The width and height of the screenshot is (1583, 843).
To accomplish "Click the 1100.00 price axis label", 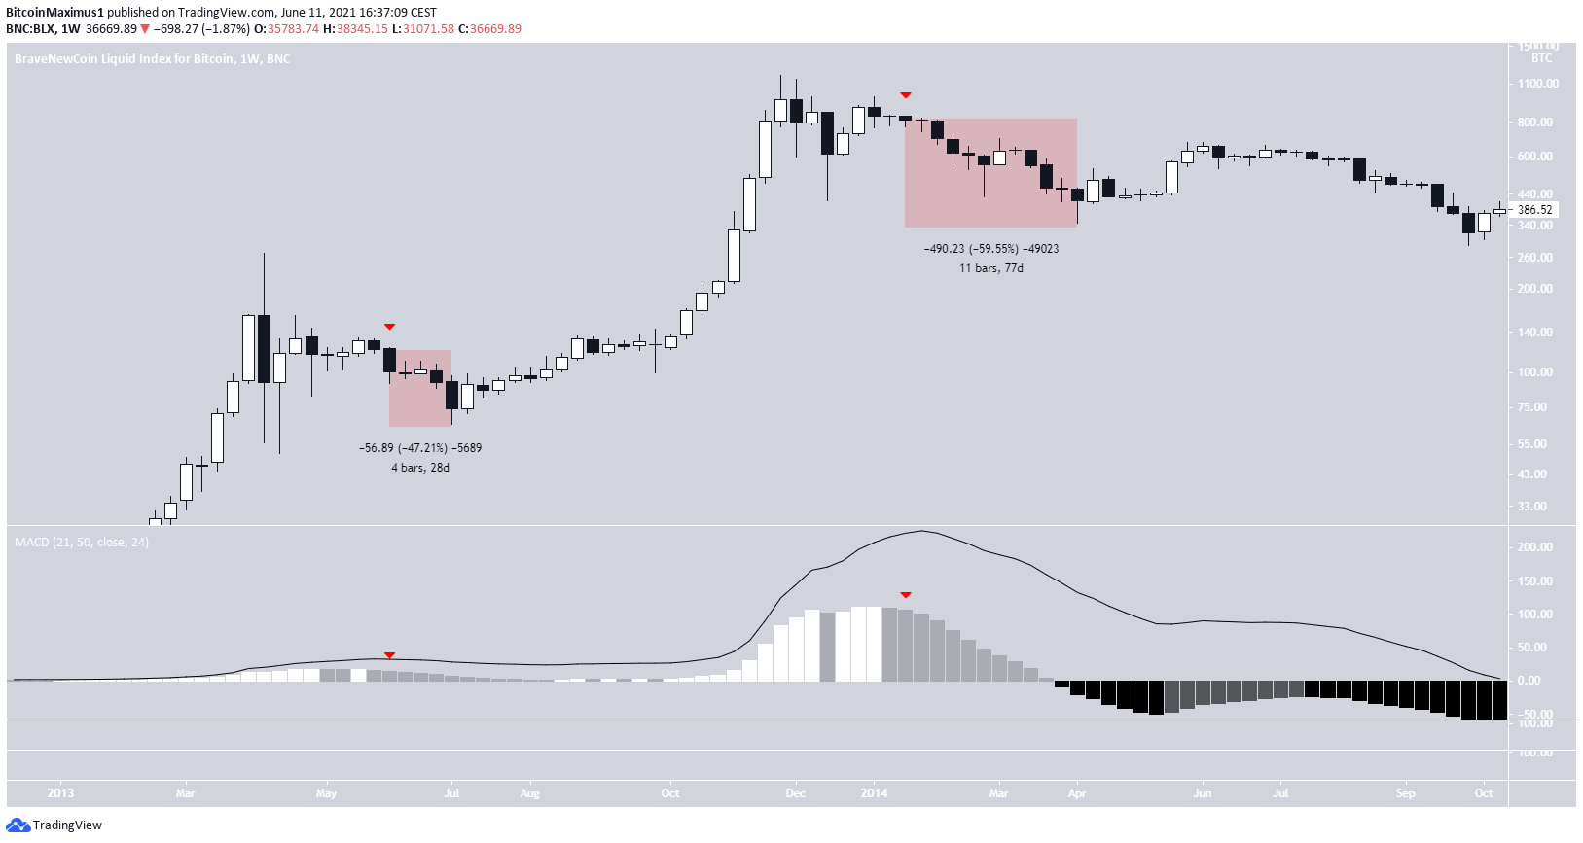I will coord(1537,84).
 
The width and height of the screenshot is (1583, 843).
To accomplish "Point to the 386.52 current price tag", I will coord(1534,210).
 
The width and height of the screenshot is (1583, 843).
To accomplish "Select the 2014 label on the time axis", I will coord(874,793).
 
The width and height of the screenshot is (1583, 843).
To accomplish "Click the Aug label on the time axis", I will coord(529,793).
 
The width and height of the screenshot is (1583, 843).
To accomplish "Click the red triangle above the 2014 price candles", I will coord(906,95).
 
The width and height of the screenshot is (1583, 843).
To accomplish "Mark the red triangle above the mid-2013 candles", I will coord(389,327).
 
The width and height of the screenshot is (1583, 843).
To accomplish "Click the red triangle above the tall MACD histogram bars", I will coord(906,595).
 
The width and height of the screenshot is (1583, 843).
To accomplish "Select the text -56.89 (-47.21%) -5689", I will coord(420,448).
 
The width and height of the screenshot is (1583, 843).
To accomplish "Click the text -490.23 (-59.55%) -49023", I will coord(990,249).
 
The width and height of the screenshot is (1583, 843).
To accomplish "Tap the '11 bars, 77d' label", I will coord(990,268).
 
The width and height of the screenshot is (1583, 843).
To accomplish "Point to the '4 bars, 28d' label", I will coord(420,468).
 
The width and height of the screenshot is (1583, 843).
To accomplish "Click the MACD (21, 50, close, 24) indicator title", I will coord(82,543).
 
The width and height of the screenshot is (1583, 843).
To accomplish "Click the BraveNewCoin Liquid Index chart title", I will coord(152,59).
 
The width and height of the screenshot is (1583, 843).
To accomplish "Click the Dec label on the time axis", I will coord(795,793).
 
